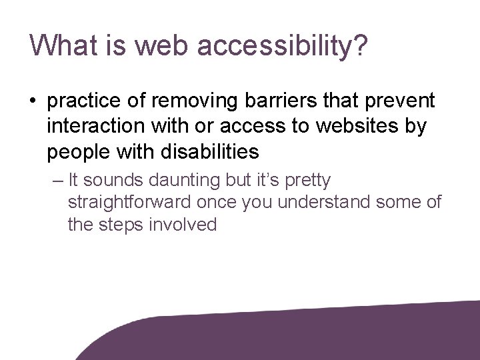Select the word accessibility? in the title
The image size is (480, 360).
coord(280,46)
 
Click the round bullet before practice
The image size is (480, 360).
coord(33,102)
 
